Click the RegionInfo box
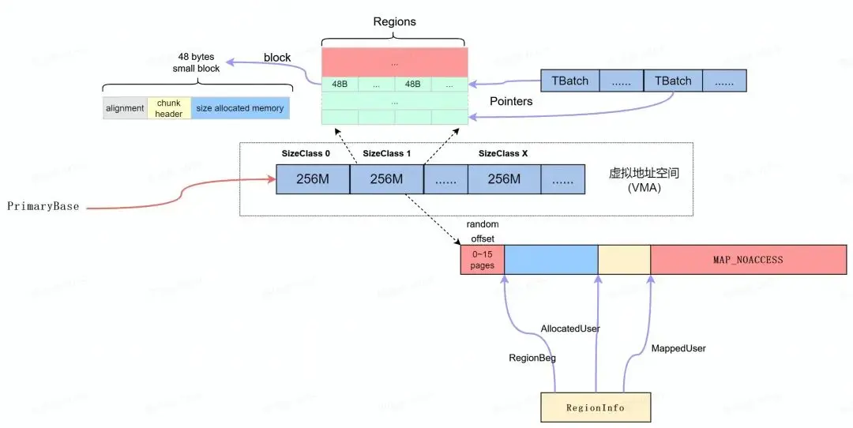pos(596,407)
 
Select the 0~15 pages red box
pos(482,260)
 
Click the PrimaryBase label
pos(43,206)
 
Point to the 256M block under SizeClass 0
pos(313,179)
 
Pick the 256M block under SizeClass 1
pos(387,179)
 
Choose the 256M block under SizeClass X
pos(504,179)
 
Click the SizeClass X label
pos(503,153)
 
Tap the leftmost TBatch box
pos(569,81)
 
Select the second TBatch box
pos(672,81)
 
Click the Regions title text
pos(394,21)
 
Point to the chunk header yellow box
pos(168,108)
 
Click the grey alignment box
pos(125,108)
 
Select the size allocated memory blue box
pos(239,108)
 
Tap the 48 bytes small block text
pos(197,62)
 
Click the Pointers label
pos(511,102)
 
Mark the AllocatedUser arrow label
pos(569,328)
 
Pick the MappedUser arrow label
pos(678,347)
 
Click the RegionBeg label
pos(532,358)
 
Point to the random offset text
pos(483,231)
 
